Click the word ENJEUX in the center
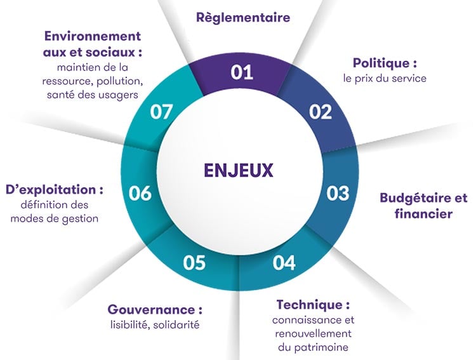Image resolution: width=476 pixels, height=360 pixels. point(238,170)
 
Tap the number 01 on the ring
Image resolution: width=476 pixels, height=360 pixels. point(242,72)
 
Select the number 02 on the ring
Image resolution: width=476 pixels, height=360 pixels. point(321,112)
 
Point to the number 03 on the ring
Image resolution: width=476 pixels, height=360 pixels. point(338,193)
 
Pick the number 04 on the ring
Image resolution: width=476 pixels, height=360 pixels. point(284,263)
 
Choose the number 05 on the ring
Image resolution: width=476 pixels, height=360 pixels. point(194,263)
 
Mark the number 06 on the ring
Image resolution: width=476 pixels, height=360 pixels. point(140,193)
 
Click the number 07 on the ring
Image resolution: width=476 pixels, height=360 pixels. point(161,112)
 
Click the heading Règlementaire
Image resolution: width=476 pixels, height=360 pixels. point(243,17)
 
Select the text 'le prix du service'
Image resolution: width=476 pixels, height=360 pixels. point(385,78)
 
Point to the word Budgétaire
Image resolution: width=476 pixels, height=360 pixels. point(413,198)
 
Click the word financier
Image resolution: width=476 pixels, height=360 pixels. point(423,213)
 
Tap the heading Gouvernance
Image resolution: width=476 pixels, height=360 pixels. point(152,310)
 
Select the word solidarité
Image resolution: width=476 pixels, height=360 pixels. point(176,324)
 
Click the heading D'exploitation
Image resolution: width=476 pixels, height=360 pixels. point(51,190)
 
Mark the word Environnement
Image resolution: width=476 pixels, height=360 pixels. point(93,36)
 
